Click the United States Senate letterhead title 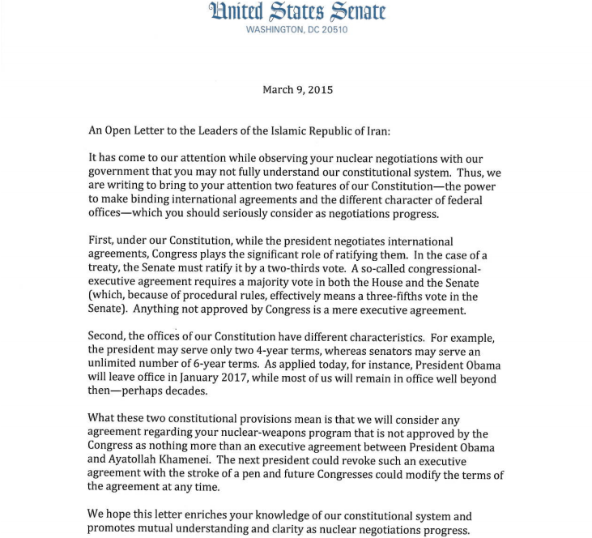pyautogui.click(x=297, y=11)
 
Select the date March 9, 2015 pyautogui.click(x=297, y=90)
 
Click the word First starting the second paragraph pyautogui.click(x=102, y=241)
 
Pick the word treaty pyautogui.click(x=106, y=268)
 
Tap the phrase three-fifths pyautogui.click(x=392, y=296)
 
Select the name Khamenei pyautogui.click(x=193, y=459)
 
